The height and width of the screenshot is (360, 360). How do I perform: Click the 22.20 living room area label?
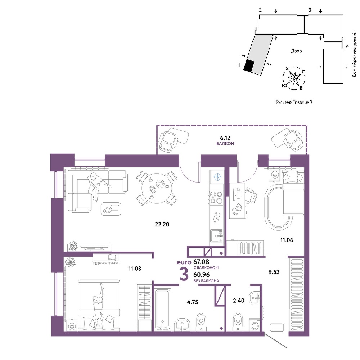pyautogui.click(x=162, y=224)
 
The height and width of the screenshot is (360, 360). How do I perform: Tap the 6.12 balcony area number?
pyautogui.click(x=225, y=138)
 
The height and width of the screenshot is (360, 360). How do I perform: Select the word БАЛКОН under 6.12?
pyautogui.click(x=225, y=144)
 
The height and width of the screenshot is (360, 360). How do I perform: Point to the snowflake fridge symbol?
pyautogui.click(x=217, y=177)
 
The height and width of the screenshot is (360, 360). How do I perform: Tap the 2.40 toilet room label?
pyautogui.click(x=239, y=301)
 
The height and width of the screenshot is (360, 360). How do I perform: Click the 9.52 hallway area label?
pyautogui.click(x=274, y=272)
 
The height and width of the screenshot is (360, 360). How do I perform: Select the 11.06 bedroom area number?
pyautogui.click(x=287, y=240)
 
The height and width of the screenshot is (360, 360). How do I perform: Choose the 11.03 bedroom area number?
pyautogui.click(x=135, y=269)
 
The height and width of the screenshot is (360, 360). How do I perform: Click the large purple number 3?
pyautogui.click(x=184, y=274)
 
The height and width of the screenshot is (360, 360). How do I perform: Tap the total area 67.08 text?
pyautogui.click(x=201, y=262)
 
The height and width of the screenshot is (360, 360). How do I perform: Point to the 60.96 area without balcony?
pyautogui.click(x=202, y=275)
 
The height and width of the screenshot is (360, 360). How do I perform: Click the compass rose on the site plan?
pyautogui.click(x=294, y=78)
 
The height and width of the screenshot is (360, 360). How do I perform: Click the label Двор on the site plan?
pyautogui.click(x=296, y=51)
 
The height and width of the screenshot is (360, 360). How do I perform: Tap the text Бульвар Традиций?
pyautogui.click(x=294, y=102)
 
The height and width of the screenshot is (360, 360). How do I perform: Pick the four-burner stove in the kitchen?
pyautogui.click(x=216, y=198)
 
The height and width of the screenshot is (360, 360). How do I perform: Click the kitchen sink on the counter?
pyautogui.click(x=216, y=236)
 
